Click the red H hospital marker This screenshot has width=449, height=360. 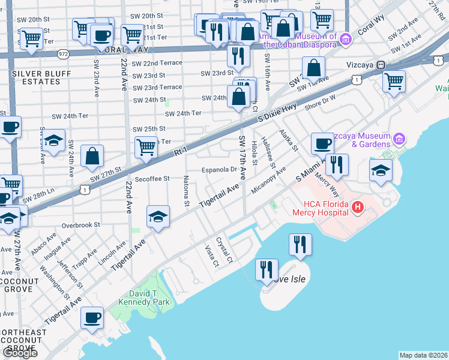358,208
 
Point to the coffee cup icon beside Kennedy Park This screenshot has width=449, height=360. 92,318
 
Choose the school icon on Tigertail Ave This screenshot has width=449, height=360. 157,217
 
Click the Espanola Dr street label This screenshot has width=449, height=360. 218,169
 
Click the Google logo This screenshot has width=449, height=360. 20,352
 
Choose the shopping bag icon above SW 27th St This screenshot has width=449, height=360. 93,157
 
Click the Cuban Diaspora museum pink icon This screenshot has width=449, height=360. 345,40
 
